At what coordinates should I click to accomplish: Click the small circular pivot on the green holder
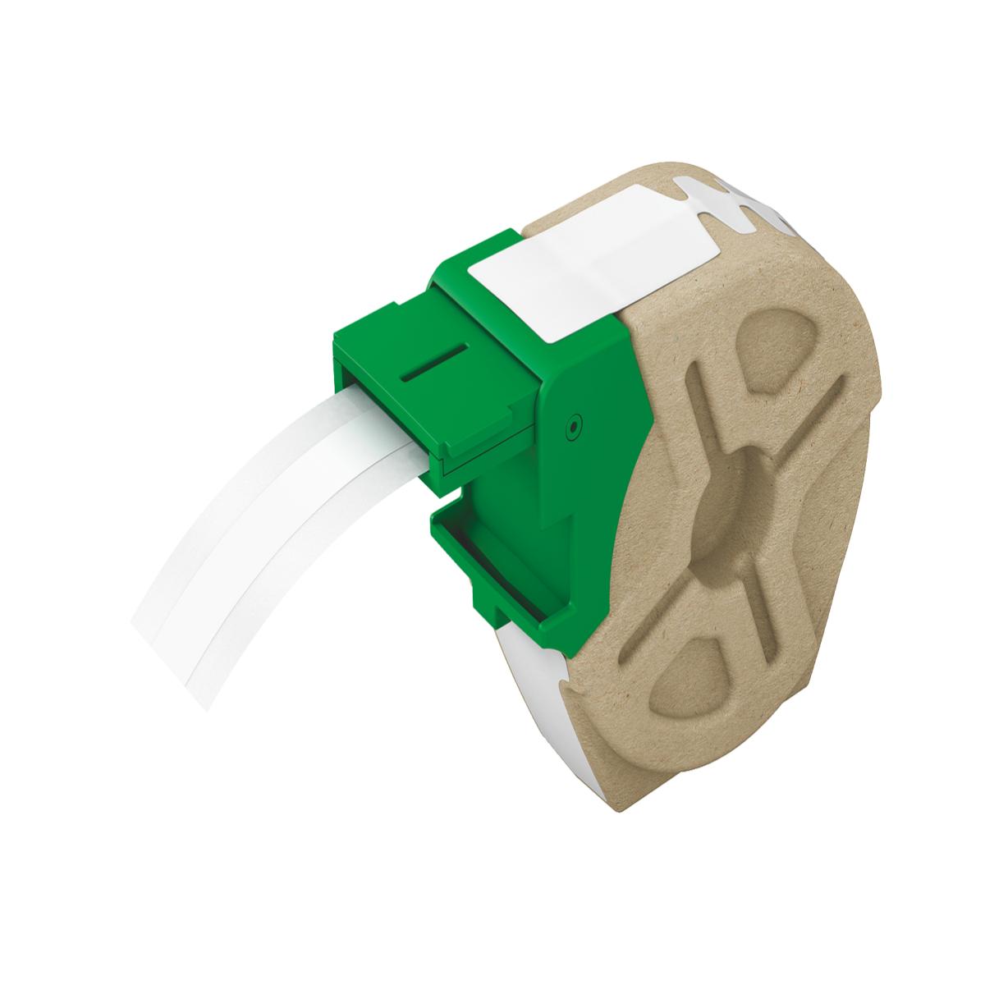(x=572, y=426)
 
